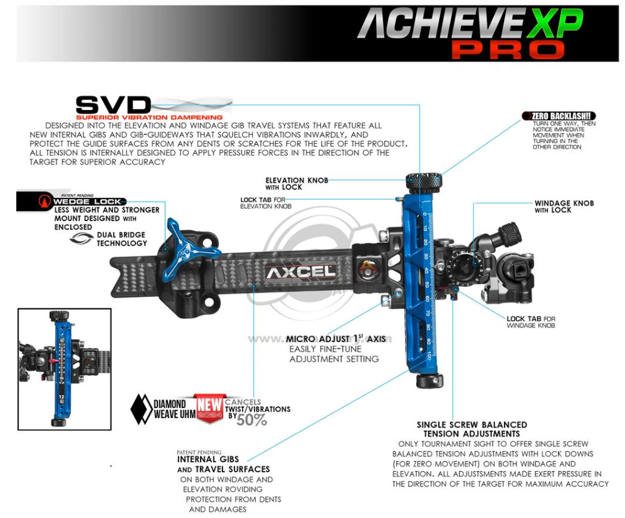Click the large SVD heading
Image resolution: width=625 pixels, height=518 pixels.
113,104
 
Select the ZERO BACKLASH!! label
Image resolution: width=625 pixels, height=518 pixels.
561,116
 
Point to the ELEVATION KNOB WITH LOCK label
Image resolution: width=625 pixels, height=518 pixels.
297,183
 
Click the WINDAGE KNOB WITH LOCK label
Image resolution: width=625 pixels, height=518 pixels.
564,207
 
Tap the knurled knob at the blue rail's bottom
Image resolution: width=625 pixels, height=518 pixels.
429,380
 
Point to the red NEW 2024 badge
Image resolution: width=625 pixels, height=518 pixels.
209,407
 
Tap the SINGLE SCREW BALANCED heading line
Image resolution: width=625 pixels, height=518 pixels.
471,425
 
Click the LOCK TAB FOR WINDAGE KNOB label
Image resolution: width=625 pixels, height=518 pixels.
530,322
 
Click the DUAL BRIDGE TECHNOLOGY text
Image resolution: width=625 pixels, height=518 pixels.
122,239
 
